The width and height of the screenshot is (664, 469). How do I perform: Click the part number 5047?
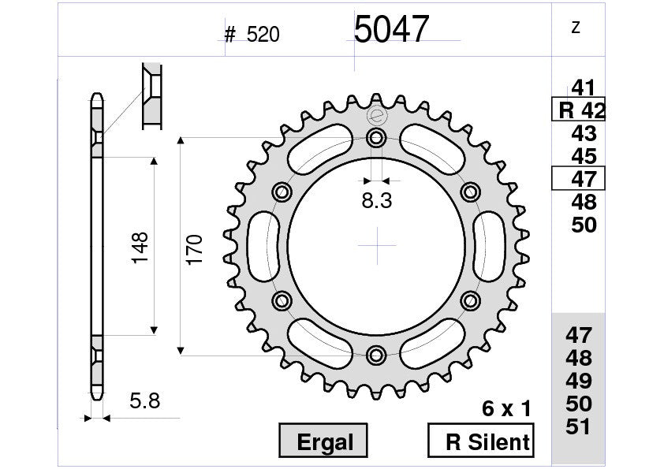coord(390,31)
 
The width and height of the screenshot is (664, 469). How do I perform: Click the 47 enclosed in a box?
coord(578,179)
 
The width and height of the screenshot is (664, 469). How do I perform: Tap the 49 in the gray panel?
coord(580,381)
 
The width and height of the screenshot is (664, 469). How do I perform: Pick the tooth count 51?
coord(580,426)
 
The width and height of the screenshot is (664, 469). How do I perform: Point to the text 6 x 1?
coord(506,409)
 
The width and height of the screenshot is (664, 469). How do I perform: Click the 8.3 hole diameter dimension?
coord(377,201)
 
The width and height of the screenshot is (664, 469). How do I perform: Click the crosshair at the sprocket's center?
coord(377,246)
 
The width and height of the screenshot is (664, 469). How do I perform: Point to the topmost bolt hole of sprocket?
coord(377,140)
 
